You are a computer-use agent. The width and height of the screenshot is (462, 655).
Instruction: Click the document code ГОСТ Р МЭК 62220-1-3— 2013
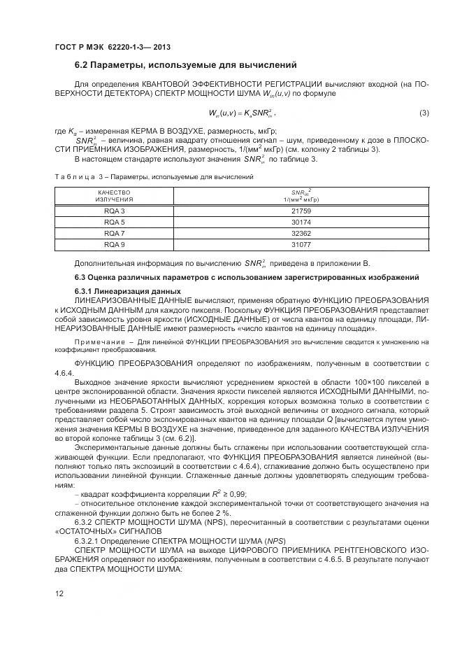point(112,48)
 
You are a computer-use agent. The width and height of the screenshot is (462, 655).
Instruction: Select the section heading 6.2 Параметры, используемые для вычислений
point(185,65)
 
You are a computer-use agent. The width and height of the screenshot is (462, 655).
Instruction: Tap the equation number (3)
point(424,113)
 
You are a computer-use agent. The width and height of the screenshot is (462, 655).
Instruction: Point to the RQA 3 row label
point(115,211)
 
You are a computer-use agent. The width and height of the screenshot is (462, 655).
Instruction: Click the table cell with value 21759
point(301,211)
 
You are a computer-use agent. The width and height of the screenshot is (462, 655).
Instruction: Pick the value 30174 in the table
point(301,222)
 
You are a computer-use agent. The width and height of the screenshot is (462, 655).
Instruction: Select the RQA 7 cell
point(115,233)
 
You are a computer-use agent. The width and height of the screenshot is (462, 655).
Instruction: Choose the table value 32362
point(301,233)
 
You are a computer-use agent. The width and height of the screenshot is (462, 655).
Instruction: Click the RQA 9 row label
point(115,244)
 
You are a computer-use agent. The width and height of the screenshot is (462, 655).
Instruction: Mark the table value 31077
point(301,244)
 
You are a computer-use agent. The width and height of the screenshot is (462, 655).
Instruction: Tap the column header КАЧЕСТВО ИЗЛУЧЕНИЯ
point(115,195)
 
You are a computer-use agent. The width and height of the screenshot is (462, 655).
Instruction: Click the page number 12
point(59,594)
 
